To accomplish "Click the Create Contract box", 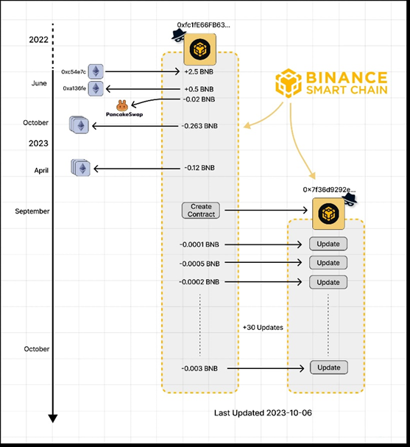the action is coord(201,211).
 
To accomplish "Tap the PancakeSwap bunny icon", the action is coord(122,105).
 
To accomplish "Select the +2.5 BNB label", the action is coord(199,72).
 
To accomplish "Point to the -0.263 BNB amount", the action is coord(199,126).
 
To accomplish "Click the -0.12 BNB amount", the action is coord(199,168).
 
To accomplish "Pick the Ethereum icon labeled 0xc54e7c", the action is coord(96,71).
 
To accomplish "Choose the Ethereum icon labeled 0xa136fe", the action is coord(96,88).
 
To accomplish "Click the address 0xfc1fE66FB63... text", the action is coord(203,25).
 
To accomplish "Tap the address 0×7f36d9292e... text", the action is coord(329,189).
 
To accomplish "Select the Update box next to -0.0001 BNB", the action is coord(328,244).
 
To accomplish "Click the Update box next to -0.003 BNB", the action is coord(329,367).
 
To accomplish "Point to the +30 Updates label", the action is coord(263,328).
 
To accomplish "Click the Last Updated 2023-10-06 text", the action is coord(263,413).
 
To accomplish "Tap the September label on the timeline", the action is coord(32,211).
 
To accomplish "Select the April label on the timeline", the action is coord(41,170).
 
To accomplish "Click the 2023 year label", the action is coord(38,143).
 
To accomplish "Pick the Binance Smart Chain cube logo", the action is coord(289,83).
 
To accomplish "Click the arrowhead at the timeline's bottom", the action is coord(53,418).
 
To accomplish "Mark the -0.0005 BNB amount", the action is coord(199,264).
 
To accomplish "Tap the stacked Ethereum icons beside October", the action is coord(79,125).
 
